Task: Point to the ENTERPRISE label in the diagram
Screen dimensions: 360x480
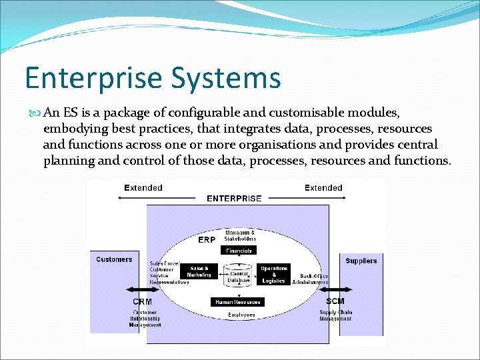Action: click(x=234, y=198)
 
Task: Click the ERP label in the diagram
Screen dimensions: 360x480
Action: click(x=207, y=239)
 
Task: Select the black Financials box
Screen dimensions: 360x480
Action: click(x=239, y=251)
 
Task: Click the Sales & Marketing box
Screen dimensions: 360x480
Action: click(x=199, y=271)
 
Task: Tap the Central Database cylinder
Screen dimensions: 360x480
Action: click(x=239, y=275)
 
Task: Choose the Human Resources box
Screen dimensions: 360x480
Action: click(x=238, y=301)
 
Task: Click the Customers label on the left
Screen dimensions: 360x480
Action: click(x=114, y=259)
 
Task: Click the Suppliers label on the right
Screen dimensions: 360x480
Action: click(x=361, y=261)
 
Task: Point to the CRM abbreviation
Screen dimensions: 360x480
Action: click(x=141, y=302)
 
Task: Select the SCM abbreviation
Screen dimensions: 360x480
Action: click(x=335, y=301)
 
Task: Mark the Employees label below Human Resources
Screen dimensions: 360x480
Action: click(x=241, y=315)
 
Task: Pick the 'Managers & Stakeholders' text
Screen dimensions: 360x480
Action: click(x=240, y=235)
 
